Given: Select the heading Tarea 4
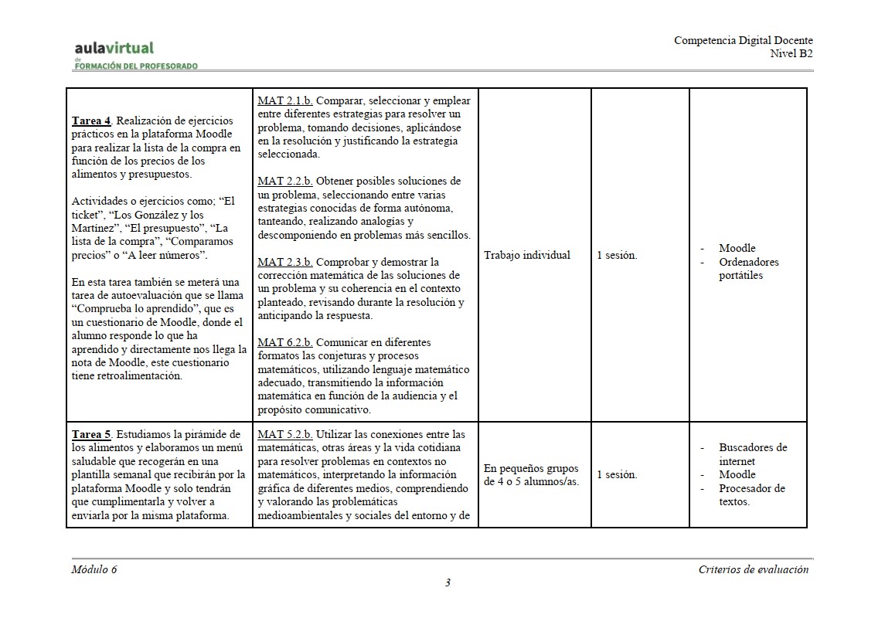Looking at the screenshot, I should pos(92,120).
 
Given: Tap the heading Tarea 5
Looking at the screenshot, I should pos(92,434).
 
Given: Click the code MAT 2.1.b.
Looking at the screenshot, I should pos(284,100).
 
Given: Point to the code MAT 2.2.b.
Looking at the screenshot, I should pos(284,181).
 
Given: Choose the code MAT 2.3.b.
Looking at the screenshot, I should pos(284,262).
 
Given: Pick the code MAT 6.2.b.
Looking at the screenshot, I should pos(284,342).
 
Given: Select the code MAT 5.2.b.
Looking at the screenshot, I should pos(284,434).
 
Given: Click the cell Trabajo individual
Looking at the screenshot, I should pos(527,255).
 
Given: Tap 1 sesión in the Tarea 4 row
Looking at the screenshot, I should pos(617,255).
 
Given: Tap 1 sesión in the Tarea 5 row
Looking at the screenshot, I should pos(617,475).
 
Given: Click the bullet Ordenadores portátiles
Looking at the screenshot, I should pos(748,269).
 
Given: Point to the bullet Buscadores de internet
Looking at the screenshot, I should pos(752,454).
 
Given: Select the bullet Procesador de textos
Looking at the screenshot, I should pos(751,495).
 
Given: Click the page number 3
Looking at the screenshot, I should pos(448,582).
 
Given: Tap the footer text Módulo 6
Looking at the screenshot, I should pos(94,569).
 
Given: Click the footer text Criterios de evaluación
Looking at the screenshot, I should pos(753,569).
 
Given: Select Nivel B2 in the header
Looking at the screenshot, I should pos(791,53).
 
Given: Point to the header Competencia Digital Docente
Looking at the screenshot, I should pos(743,40).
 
